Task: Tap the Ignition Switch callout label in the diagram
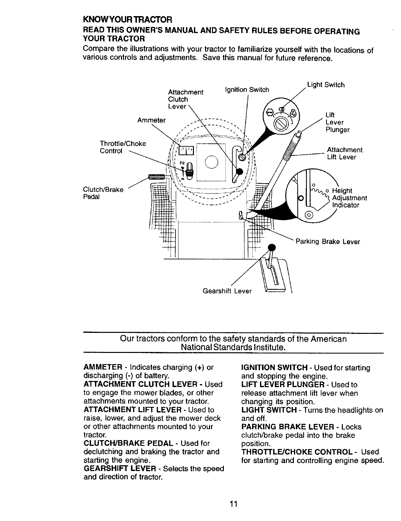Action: point(247,89)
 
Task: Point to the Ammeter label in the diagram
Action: point(152,120)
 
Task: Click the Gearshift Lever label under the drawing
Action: point(227,291)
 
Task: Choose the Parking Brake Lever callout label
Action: point(328,242)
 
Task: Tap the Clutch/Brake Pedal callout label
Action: point(103,193)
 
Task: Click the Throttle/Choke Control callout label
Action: point(123,147)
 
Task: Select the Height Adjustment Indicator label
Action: point(349,198)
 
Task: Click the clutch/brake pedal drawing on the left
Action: point(156,177)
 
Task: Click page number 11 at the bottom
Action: point(233,504)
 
